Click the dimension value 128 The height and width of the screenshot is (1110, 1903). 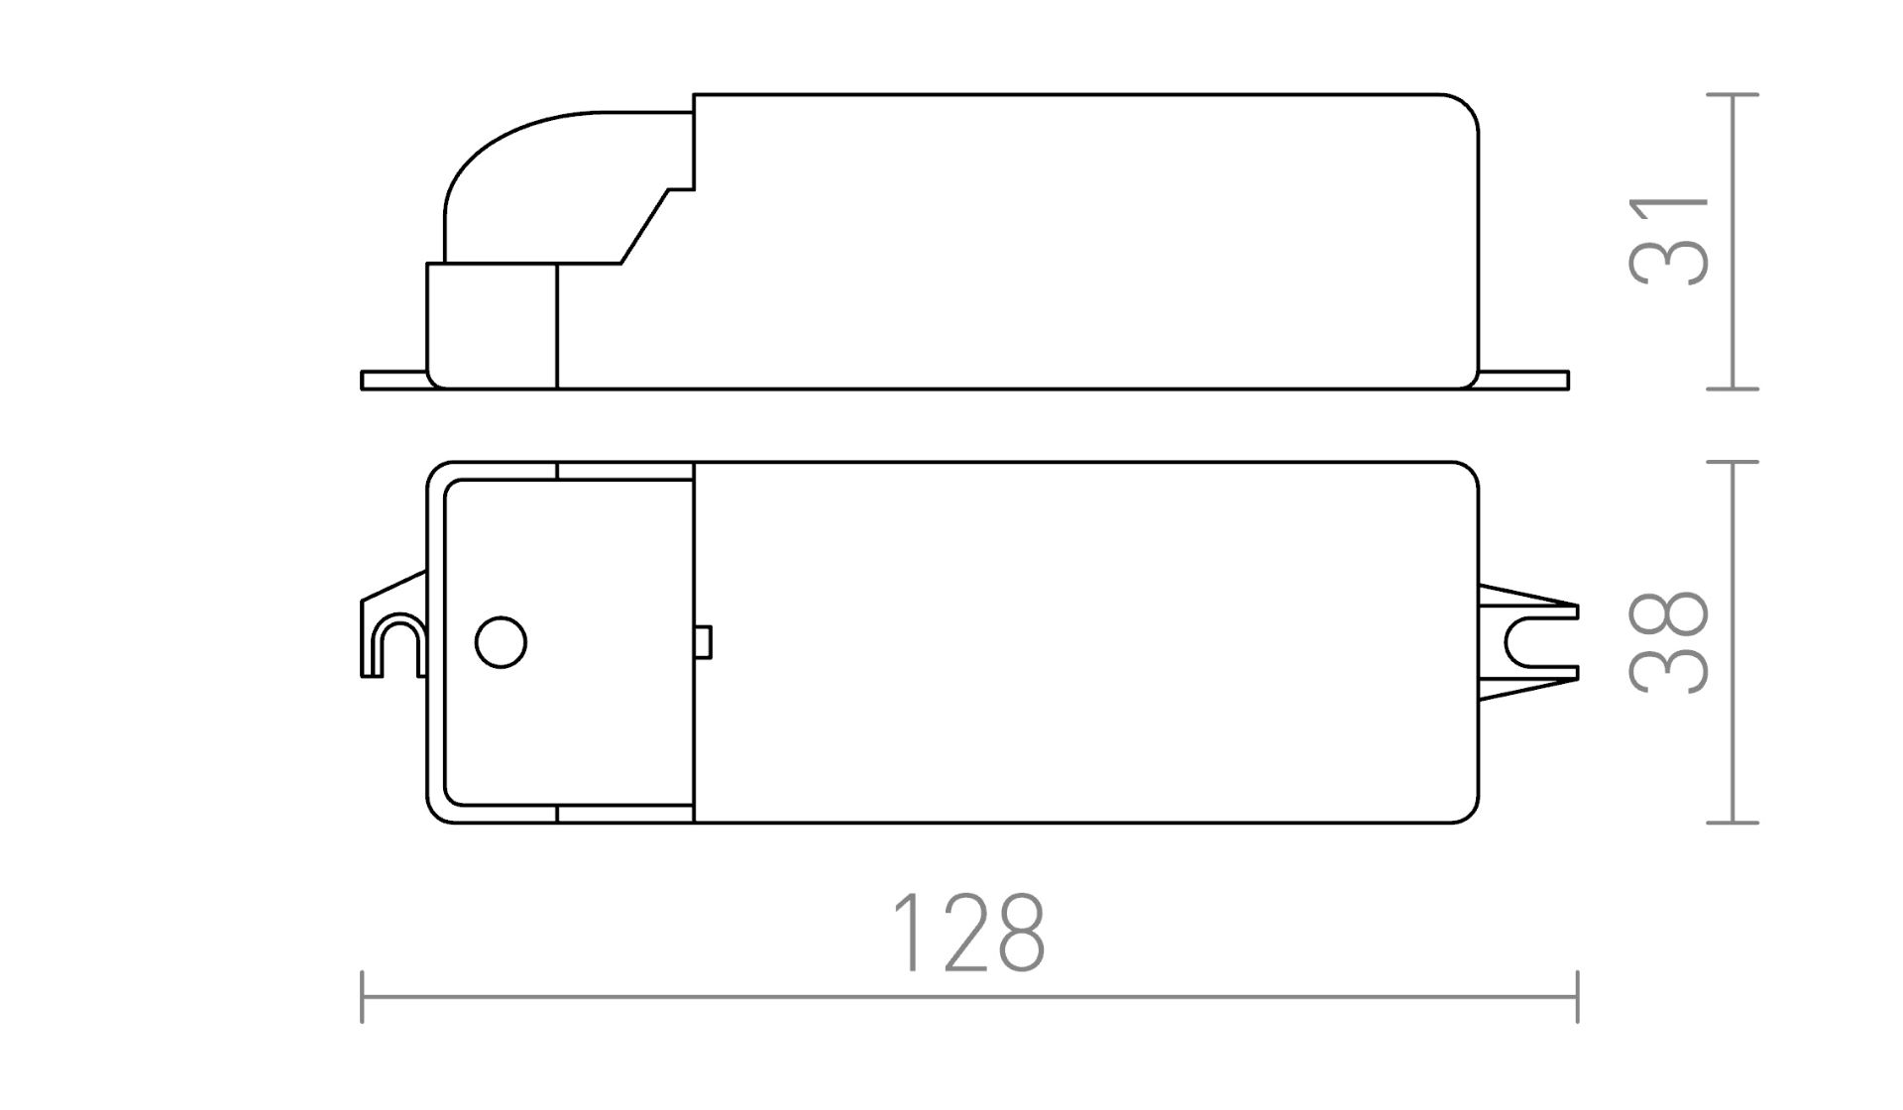968,934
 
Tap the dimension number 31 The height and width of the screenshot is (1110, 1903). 1670,241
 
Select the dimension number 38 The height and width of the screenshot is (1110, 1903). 1670,642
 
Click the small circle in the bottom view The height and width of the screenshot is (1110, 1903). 501,642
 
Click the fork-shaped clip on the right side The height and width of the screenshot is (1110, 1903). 1527,642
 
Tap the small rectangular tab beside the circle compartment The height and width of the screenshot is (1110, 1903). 703,642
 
